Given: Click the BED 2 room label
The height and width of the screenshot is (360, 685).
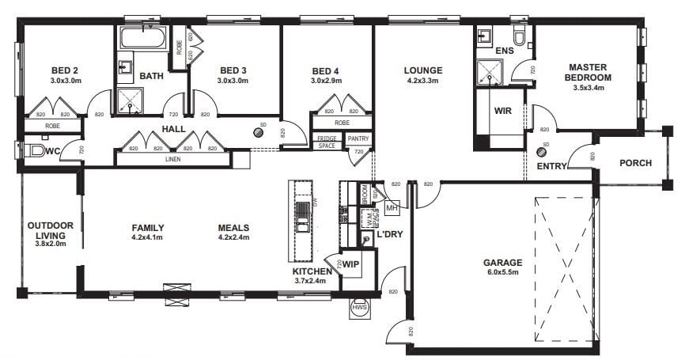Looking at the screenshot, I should click(63, 70).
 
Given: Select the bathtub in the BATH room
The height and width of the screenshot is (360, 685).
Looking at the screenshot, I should click(142, 37).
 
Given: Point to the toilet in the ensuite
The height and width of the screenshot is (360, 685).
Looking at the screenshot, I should click(520, 36).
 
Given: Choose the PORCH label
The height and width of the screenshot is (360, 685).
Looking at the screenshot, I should click(635, 164).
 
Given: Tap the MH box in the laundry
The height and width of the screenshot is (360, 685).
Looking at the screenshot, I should click(392, 207).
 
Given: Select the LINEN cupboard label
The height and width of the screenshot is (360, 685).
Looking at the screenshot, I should click(172, 160).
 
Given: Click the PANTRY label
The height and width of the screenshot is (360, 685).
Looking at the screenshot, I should click(358, 139).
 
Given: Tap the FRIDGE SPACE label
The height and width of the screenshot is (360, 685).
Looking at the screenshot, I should click(327, 142).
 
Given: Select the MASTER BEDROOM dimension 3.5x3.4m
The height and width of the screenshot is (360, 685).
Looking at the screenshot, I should click(588, 88).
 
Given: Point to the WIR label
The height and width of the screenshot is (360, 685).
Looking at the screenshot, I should click(502, 111).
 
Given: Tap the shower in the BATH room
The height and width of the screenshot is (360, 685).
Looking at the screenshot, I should click(128, 99).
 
